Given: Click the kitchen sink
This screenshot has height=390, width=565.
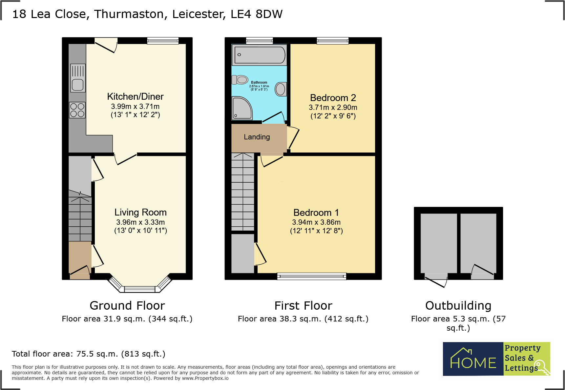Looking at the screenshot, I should pyautogui.click(x=78, y=78).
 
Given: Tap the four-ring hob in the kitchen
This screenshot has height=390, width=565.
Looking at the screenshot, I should pyautogui.click(x=77, y=110).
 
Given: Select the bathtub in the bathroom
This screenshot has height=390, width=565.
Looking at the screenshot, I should pyautogui.click(x=259, y=55).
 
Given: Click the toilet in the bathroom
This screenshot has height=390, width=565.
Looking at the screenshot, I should pyautogui.click(x=240, y=80).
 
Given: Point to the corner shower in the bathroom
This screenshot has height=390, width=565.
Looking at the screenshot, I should pyautogui.click(x=241, y=108).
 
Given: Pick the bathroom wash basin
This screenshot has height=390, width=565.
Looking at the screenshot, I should pyautogui.click(x=281, y=89).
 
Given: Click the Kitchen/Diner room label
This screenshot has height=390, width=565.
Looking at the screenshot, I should pyautogui.click(x=135, y=96).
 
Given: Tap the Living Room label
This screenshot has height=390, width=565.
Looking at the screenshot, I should pyautogui.click(x=140, y=212).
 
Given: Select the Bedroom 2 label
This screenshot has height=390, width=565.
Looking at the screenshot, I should pyautogui.click(x=333, y=98).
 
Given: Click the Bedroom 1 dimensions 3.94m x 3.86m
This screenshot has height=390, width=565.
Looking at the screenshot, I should pyautogui.click(x=316, y=222).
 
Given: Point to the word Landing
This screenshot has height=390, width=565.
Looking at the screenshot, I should pyautogui.click(x=257, y=137).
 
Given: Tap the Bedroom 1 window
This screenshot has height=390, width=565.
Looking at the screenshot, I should pyautogui.click(x=311, y=276).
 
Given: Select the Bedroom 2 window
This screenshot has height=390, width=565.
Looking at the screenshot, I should pyautogui.click(x=332, y=41).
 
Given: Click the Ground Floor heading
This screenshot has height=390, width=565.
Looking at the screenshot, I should pyautogui.click(x=127, y=305).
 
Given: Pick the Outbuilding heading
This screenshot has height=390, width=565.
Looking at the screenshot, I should pyautogui.click(x=458, y=305).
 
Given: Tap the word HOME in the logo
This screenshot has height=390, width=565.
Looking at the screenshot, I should pyautogui.click(x=473, y=362).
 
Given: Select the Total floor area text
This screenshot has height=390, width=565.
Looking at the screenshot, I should pyautogui.click(x=89, y=354).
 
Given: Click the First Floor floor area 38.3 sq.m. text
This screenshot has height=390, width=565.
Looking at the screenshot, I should pyautogui.click(x=303, y=319).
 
